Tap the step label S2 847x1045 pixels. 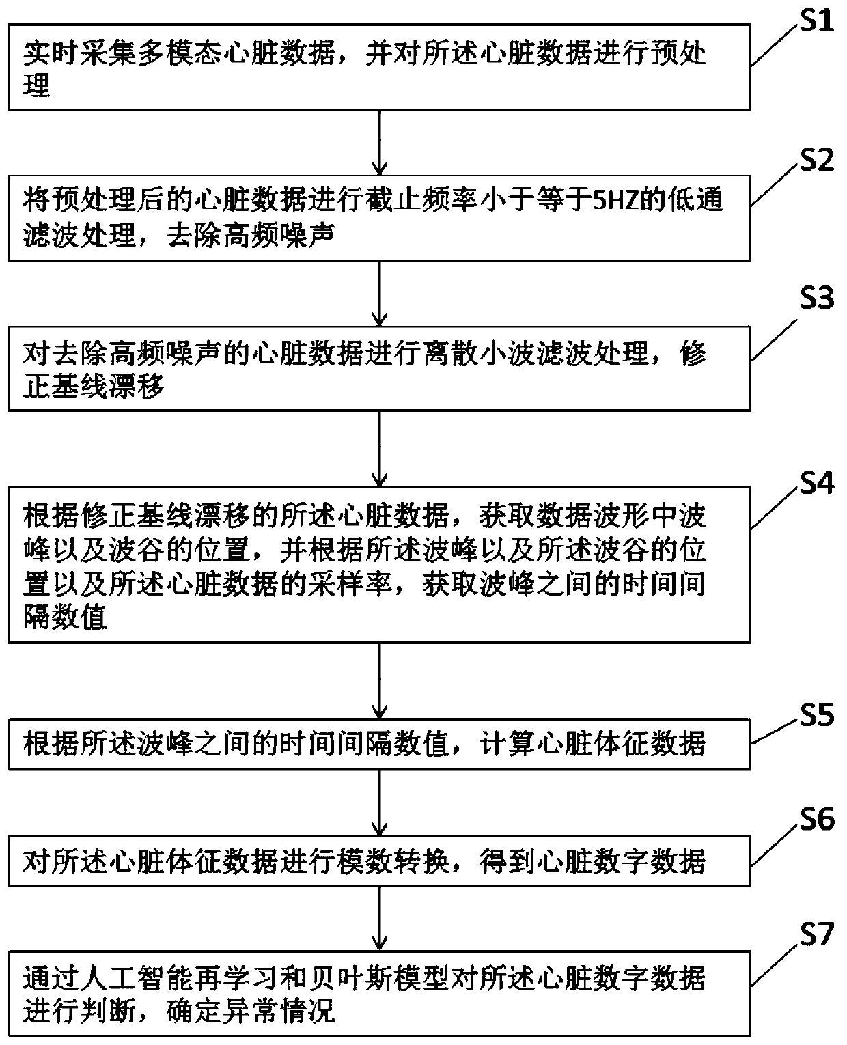(817, 161)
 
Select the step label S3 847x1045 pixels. (817, 298)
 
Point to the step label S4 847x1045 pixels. (817, 484)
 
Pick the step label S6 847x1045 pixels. (817, 818)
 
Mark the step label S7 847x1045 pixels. (817, 934)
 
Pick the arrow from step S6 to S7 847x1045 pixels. (380, 919)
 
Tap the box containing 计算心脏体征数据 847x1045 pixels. (378, 743)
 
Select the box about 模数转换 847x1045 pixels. (378, 863)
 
